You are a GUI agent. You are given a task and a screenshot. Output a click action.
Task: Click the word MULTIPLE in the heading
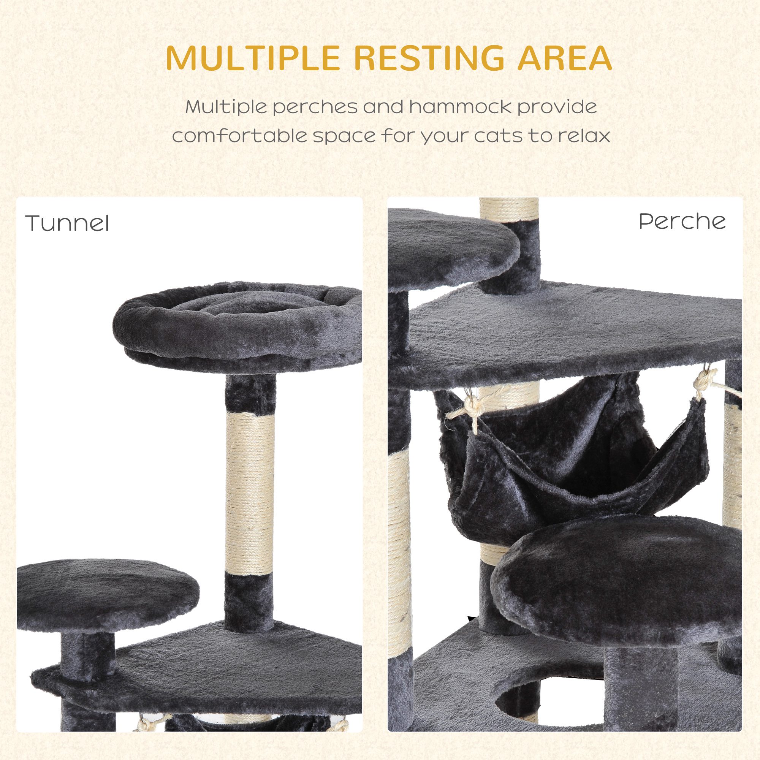(252, 58)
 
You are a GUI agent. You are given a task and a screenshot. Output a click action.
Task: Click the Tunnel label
(67, 223)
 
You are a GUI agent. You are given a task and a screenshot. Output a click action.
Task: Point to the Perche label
(682, 222)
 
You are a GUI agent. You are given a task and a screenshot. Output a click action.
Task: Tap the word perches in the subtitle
(314, 108)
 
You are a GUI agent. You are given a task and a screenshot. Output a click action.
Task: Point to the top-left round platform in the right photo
(452, 248)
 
